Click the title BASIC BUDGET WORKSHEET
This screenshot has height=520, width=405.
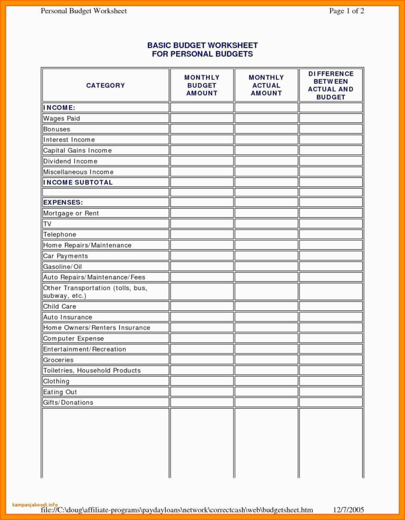click(202, 46)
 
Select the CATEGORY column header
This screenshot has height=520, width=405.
click(105, 85)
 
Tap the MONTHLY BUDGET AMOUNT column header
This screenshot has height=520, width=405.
click(201, 85)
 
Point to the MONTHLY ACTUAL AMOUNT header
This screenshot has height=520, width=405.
click(266, 85)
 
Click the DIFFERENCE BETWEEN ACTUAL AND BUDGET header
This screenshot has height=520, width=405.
click(331, 85)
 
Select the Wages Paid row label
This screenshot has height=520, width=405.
click(62, 119)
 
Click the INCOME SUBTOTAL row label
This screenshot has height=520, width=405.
click(78, 182)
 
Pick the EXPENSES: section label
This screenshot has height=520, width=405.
click(63, 202)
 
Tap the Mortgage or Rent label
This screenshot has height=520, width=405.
click(71, 213)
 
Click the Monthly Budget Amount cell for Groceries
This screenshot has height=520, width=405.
click(201, 360)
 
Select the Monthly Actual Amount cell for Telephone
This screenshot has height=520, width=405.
click(266, 234)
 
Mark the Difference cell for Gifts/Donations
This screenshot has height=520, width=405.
click(331, 403)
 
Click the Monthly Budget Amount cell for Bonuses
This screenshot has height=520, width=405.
click(201, 129)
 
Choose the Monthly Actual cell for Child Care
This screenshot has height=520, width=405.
click(266, 306)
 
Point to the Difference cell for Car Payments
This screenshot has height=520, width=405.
click(331, 256)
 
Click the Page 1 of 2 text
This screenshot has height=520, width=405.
click(346, 11)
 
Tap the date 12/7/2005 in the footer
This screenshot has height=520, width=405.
click(349, 509)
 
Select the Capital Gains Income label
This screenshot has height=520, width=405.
click(78, 151)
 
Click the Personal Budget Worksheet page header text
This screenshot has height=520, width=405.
click(84, 11)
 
